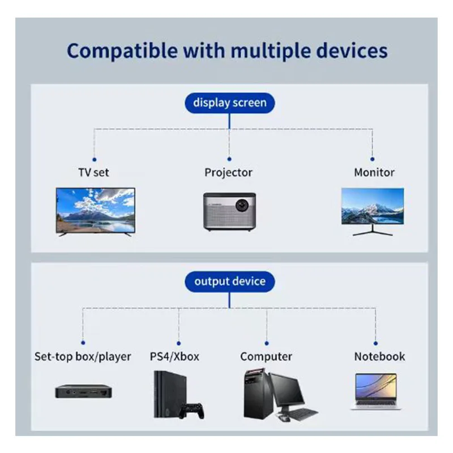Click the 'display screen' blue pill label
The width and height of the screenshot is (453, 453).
tap(229, 102)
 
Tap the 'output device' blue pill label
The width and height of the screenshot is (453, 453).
tap(229, 281)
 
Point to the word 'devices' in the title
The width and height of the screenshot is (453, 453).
tap(352, 50)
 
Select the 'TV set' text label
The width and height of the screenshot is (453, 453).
tap(93, 172)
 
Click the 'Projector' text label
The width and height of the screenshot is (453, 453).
tap(228, 172)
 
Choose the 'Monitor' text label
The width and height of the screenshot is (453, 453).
tap(374, 172)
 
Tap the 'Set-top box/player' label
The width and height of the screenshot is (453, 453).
tap(83, 357)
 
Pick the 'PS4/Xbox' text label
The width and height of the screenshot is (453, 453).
tap(174, 357)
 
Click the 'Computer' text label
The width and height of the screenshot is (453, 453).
tap(266, 357)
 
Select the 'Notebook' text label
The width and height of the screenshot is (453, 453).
tap(379, 357)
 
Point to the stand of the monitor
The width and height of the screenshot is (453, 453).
tap(372, 231)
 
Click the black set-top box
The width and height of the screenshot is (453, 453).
tap(83, 391)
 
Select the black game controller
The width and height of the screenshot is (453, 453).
tap(191, 409)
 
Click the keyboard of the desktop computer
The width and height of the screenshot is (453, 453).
tap(299, 414)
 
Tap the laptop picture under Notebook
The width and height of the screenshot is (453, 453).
tap(375, 391)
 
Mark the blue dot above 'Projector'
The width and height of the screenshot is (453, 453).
tap(229, 160)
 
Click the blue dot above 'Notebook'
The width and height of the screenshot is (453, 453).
tap(375, 342)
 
